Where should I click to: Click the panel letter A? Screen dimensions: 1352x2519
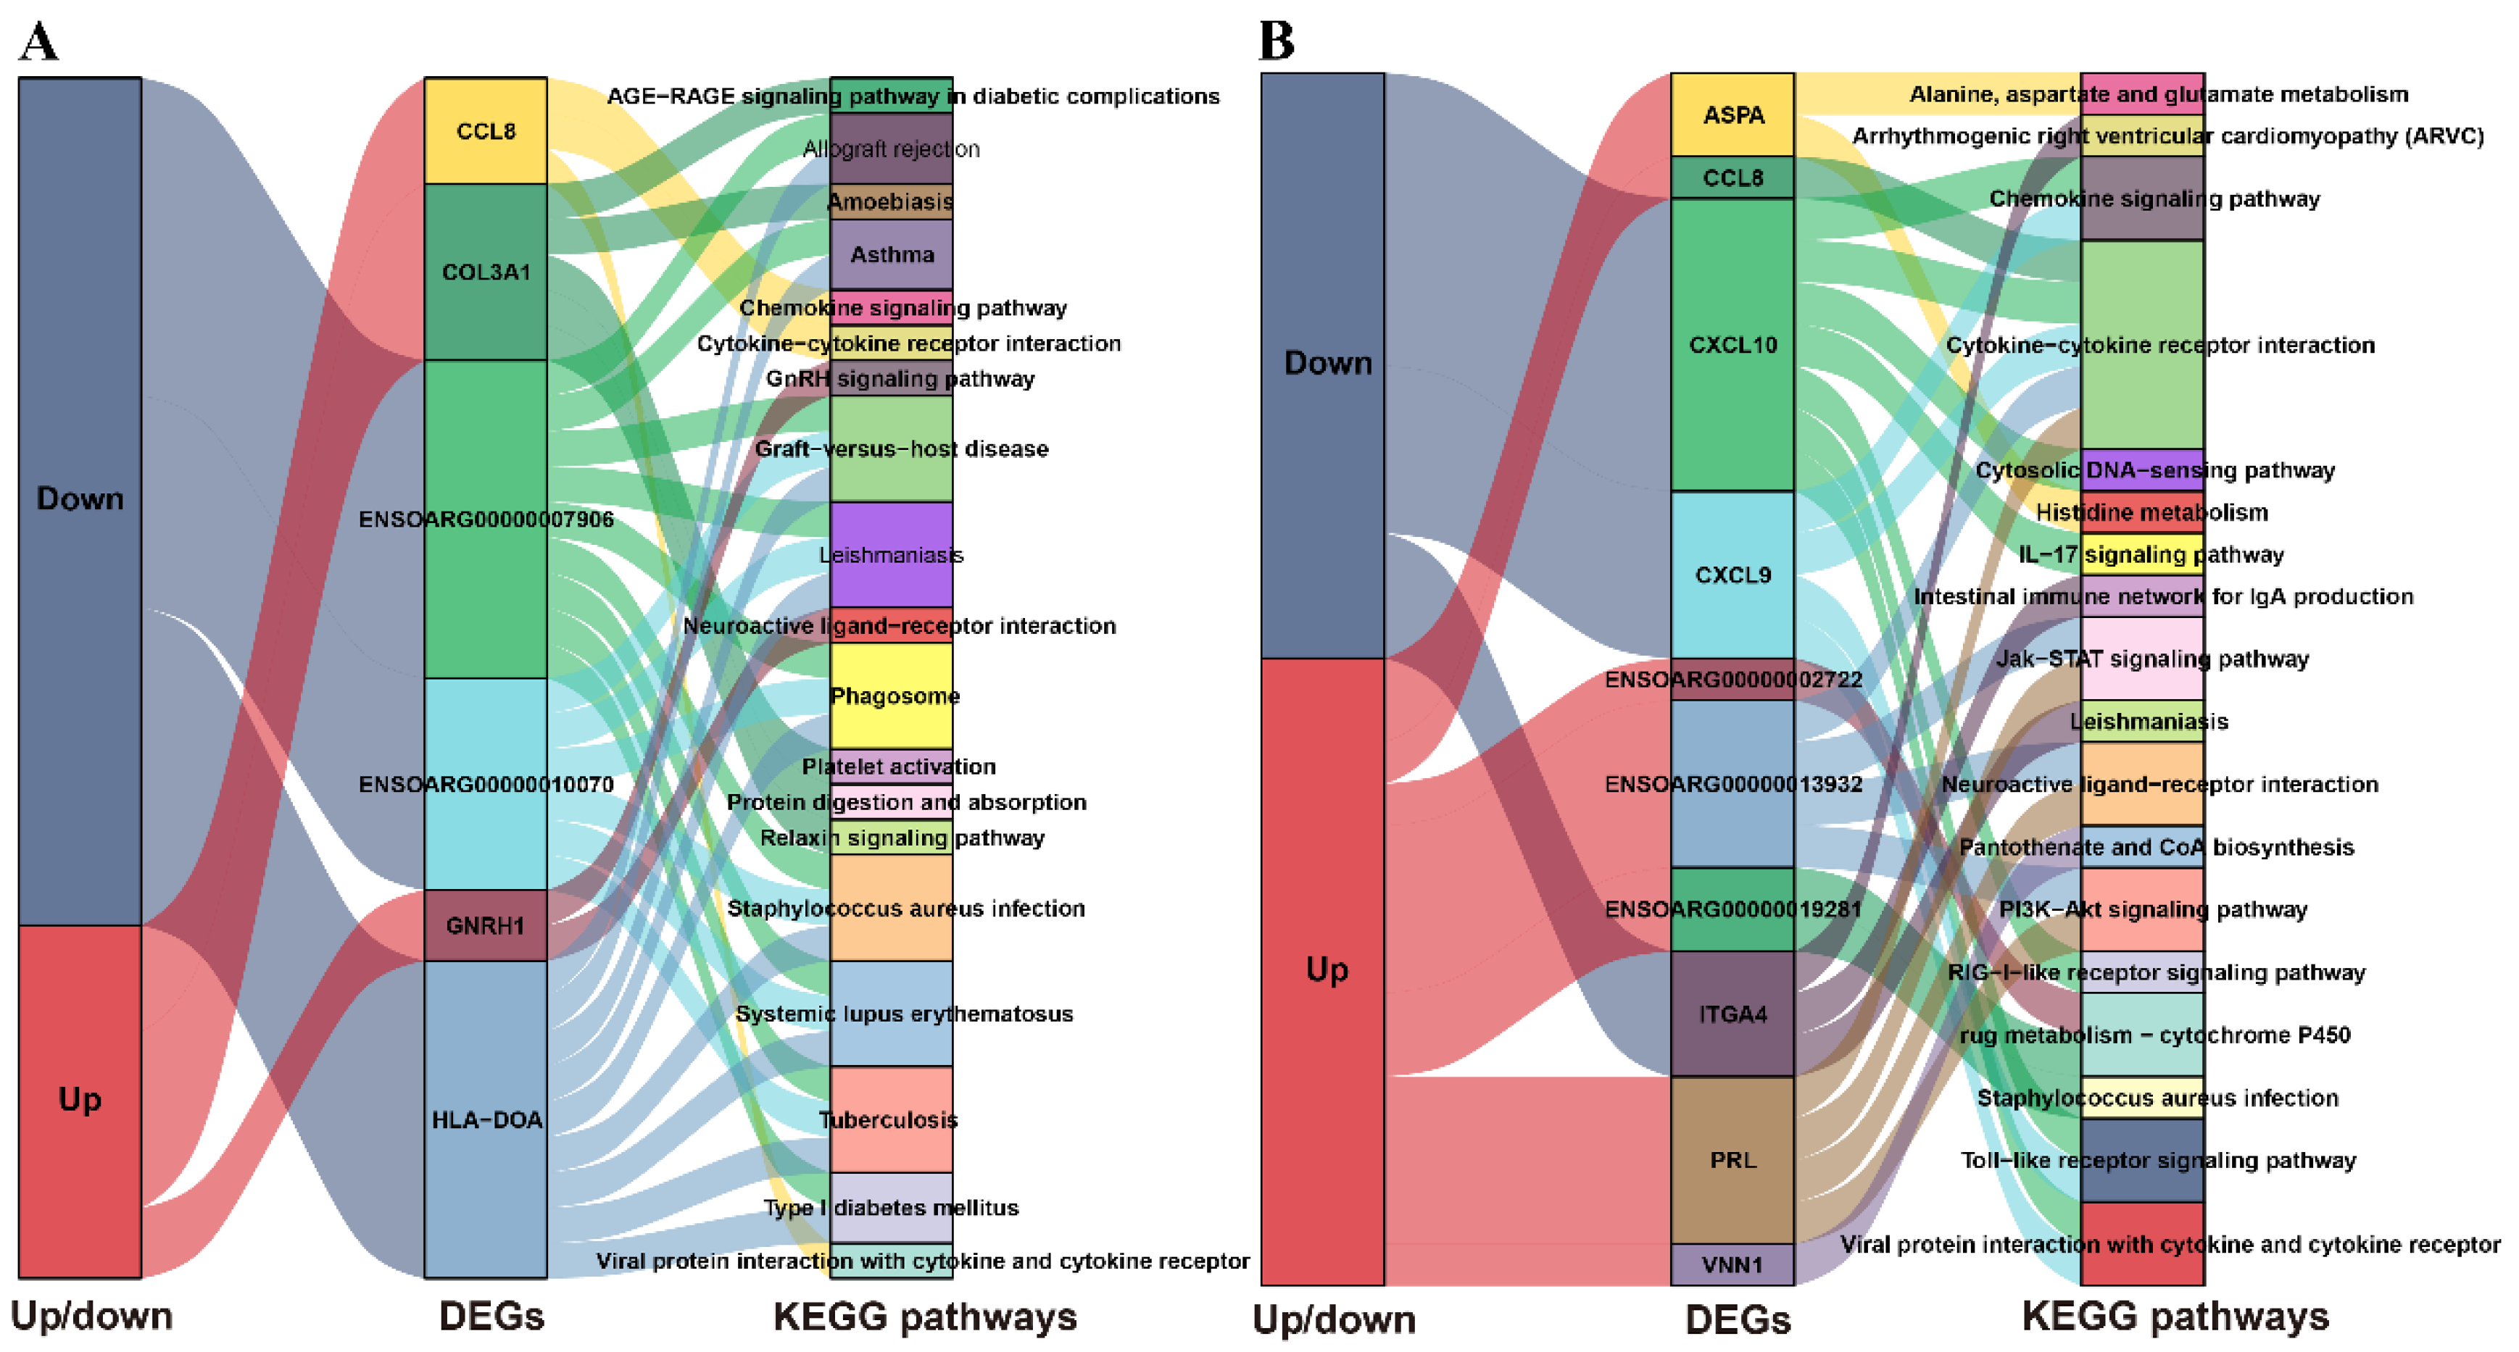pyautogui.click(x=39, y=41)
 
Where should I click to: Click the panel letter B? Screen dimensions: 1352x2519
pyautogui.click(x=1276, y=41)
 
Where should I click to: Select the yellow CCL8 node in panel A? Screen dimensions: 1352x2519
pyautogui.click(x=485, y=131)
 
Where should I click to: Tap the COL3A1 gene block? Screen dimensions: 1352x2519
pyautogui.click(x=485, y=272)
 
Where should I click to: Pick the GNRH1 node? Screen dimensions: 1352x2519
pyautogui.click(x=485, y=925)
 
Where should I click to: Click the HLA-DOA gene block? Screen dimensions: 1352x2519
pyautogui.click(x=485, y=1119)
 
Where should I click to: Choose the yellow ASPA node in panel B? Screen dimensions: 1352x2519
pyautogui.click(x=1732, y=114)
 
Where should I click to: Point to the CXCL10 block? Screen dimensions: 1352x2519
pyautogui.click(x=1732, y=344)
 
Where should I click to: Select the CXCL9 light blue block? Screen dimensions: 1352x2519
pyautogui.click(x=1732, y=575)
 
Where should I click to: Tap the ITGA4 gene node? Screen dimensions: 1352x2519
pyautogui.click(x=1732, y=1014)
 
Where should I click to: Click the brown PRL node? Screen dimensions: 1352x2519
pyautogui.click(x=1732, y=1159)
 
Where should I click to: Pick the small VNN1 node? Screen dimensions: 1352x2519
pyautogui.click(x=1732, y=1264)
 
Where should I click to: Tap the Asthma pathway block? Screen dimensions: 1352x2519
pyautogui.click(x=891, y=254)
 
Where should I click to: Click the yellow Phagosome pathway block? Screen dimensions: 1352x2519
pyautogui.click(x=891, y=696)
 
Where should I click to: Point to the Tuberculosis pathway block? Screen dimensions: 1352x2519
pyautogui.click(x=891, y=1119)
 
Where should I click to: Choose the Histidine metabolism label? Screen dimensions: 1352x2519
pyautogui.click(x=2151, y=512)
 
